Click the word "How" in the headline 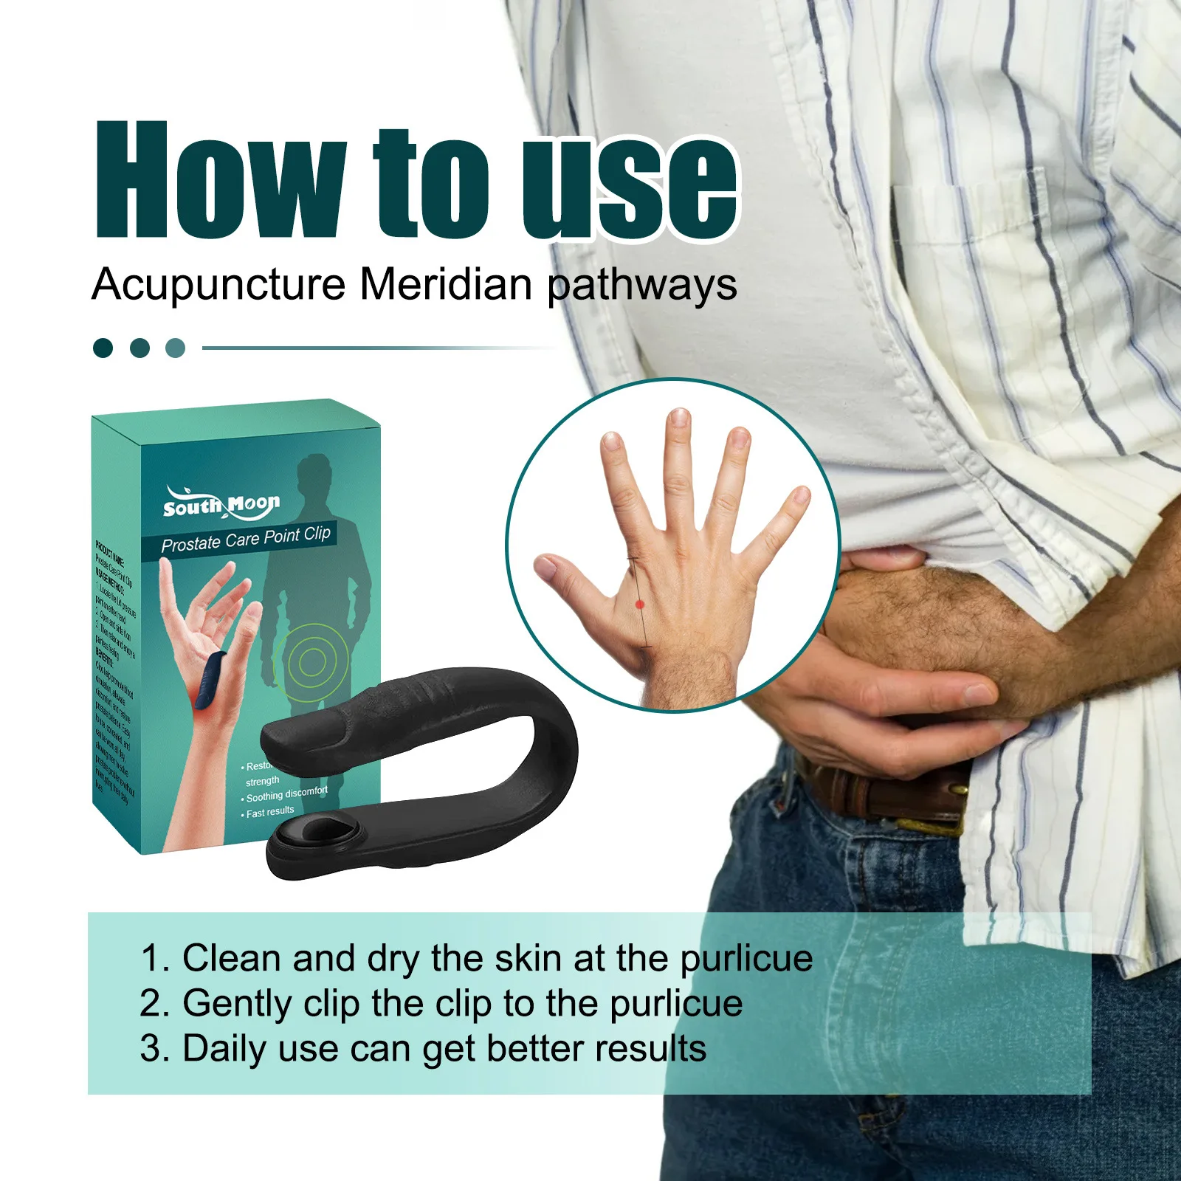pyautogui.click(x=219, y=181)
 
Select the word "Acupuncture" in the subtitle pyautogui.click(x=218, y=285)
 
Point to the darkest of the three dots pyautogui.click(x=103, y=348)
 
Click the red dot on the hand pyautogui.click(x=640, y=605)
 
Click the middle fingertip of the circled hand pyautogui.click(x=678, y=421)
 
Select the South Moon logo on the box pyautogui.click(x=221, y=504)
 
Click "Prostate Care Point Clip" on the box pyautogui.click(x=246, y=539)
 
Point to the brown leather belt pyautogui.click(x=886, y=793)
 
